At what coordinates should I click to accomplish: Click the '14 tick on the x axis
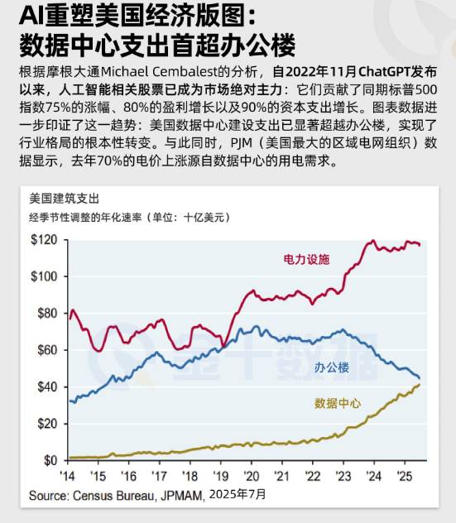[68, 476]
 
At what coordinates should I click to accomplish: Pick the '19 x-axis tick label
[221, 476]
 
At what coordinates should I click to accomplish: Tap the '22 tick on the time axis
[313, 476]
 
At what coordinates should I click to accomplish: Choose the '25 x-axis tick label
[405, 476]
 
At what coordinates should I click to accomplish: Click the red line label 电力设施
[306, 259]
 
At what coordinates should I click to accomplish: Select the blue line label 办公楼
[331, 366]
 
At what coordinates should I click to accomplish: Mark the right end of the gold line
[420, 384]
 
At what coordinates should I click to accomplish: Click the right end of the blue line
[420, 378]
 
